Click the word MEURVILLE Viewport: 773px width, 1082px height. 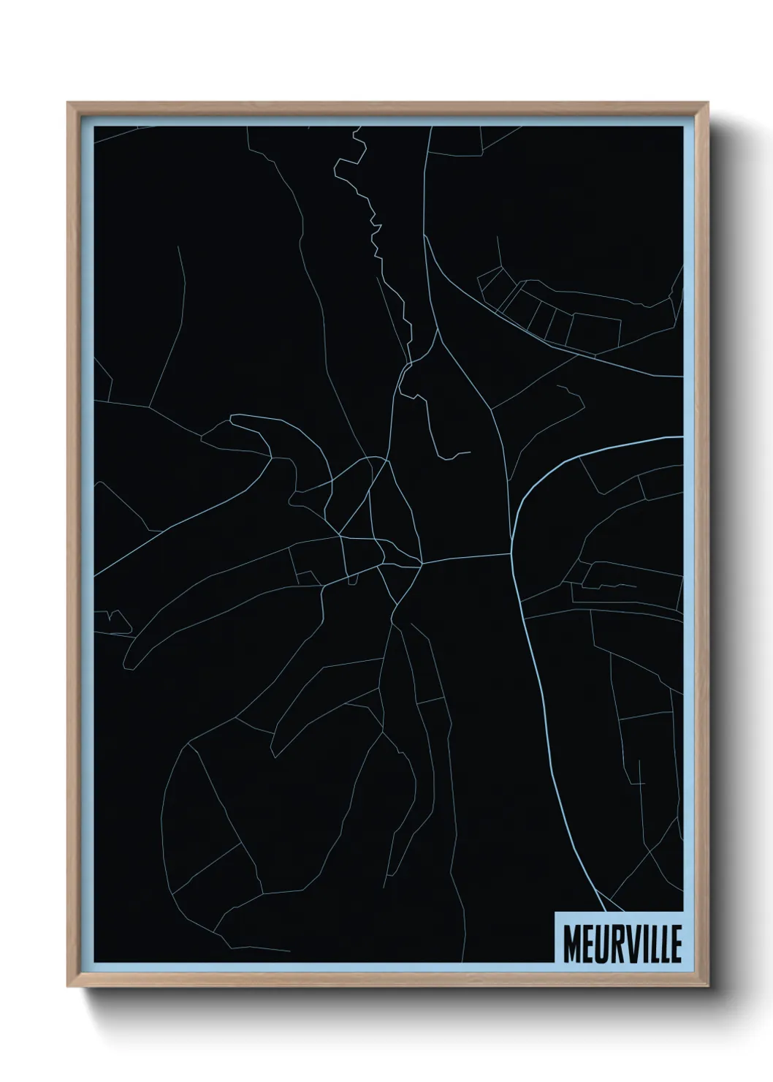tap(622, 946)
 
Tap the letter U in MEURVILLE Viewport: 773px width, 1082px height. tap(598, 946)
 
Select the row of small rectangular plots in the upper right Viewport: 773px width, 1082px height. tap(548, 311)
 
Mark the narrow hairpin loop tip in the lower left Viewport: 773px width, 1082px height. tap(129, 662)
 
